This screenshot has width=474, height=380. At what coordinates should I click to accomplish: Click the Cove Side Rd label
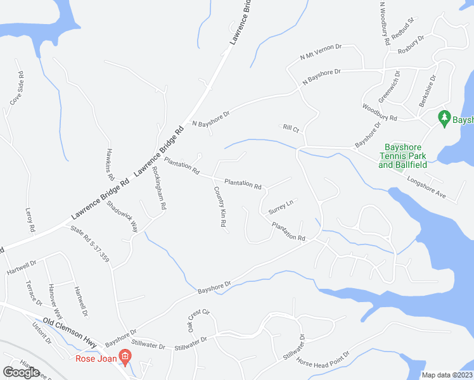[16, 88]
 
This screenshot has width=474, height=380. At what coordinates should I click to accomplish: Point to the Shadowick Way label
[122, 215]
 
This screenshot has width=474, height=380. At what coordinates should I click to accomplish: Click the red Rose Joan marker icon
[125, 358]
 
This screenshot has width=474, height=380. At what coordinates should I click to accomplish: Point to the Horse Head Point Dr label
[325, 364]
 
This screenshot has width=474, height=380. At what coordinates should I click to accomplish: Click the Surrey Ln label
[281, 206]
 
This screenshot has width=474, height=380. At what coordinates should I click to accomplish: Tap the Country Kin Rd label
[221, 208]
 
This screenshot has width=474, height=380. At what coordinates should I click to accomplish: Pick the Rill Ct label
[291, 129]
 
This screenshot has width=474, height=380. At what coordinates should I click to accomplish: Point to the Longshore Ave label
[431, 187]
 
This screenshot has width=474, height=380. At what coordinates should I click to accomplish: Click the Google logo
[22, 372]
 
